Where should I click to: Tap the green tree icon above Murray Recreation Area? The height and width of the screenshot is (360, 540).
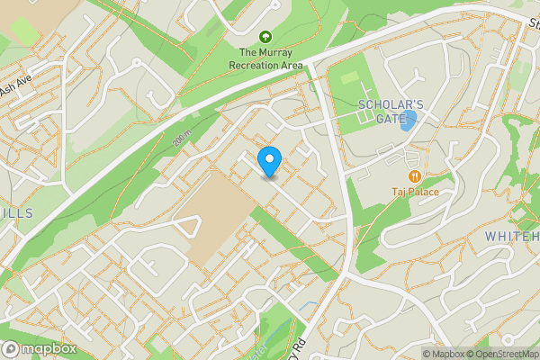[x=265, y=37]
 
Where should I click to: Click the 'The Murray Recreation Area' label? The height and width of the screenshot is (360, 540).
[x=265, y=58]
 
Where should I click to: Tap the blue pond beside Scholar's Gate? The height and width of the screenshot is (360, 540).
[x=409, y=121]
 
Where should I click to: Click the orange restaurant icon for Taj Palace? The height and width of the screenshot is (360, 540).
[x=415, y=176]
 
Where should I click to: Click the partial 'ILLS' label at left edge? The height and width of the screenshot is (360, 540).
[x=16, y=212]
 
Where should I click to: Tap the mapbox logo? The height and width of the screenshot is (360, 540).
[x=39, y=348]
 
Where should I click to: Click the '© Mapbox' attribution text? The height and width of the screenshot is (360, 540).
[x=443, y=354]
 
